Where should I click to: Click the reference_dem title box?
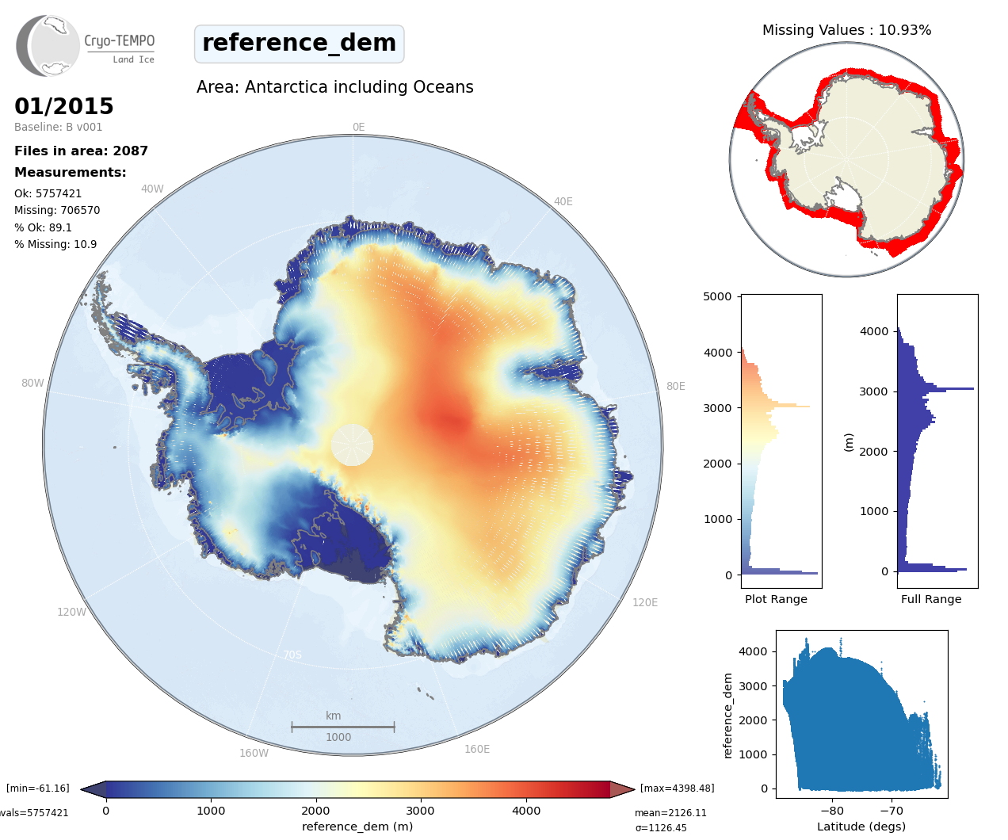299,44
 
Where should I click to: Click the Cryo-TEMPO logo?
86,46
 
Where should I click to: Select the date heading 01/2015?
64,106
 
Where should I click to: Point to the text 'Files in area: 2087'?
81,151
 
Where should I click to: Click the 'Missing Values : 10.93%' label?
846,30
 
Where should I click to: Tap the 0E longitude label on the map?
358,127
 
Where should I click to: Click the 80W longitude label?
32,384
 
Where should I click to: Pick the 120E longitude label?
645,602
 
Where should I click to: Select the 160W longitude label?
254,753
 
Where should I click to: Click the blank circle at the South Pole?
352,445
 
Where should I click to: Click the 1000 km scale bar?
342,726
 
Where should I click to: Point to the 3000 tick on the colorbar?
420,811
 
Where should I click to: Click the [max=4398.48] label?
677,788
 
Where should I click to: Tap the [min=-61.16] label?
38,788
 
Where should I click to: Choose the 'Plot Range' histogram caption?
776,599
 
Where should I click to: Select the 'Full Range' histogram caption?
931,599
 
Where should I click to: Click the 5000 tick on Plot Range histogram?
717,296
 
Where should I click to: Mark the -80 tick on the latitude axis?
832,811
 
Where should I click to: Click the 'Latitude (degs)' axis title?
861,827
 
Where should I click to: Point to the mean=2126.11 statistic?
670,813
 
